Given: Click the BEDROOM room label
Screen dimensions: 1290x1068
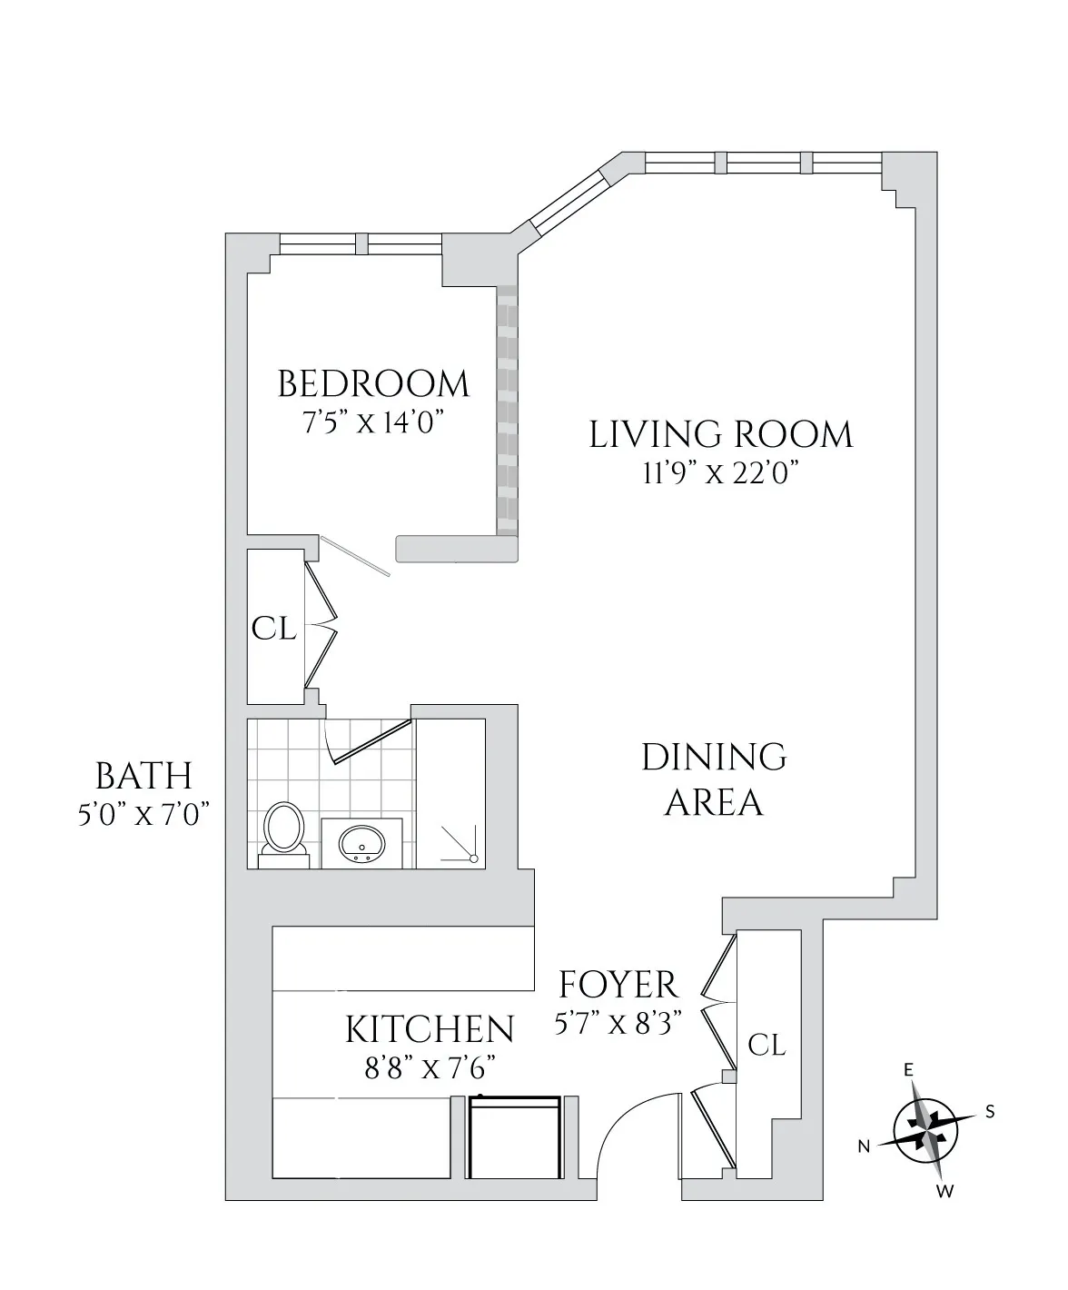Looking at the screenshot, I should tap(373, 384).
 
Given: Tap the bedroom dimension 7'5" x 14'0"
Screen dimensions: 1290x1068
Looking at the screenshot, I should tap(373, 423).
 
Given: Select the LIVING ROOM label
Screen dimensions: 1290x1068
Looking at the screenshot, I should tap(721, 434).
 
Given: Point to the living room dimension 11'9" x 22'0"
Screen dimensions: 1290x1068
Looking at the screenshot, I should tap(721, 473).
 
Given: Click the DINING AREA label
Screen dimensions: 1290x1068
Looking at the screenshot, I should tap(714, 779).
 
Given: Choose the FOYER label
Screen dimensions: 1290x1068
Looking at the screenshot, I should tap(618, 985).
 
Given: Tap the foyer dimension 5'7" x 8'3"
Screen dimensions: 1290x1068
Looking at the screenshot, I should tap(618, 1025).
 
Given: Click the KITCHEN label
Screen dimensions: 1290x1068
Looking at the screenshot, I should tap(430, 1029).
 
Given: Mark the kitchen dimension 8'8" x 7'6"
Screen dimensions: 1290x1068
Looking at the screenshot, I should tap(430, 1067).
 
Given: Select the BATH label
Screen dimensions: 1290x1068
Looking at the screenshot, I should tap(143, 777).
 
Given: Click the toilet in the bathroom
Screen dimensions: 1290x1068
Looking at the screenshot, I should tap(283, 830).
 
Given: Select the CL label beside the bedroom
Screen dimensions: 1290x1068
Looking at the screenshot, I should tap(273, 628).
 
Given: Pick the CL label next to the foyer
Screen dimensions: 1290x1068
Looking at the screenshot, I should tap(766, 1045).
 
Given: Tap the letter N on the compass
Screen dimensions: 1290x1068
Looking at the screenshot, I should tap(865, 1146).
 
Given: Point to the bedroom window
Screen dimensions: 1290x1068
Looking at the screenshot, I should tap(361, 243).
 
